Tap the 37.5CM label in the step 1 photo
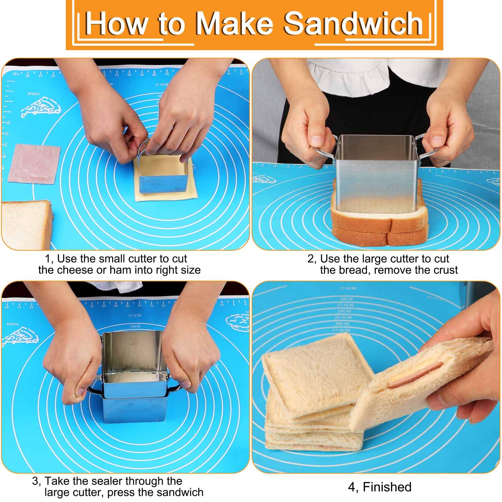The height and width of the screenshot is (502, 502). [x=161, y=85]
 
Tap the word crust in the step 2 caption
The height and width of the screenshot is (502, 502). [x=444, y=270]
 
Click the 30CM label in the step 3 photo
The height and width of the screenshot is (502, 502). [x=135, y=326]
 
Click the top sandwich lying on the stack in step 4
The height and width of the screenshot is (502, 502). [x=317, y=373]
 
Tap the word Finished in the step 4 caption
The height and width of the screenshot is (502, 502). [x=387, y=487]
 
